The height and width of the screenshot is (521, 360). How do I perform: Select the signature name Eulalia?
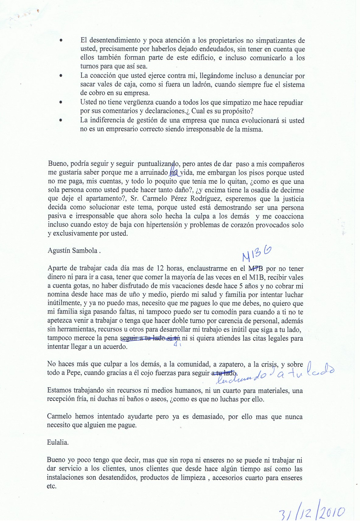pos(58,443)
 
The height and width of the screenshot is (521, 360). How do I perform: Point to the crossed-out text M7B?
pos(256,269)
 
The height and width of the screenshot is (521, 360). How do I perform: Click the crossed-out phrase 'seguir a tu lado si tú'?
pos(151,338)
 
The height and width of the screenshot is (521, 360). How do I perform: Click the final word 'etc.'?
pos(52,486)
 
